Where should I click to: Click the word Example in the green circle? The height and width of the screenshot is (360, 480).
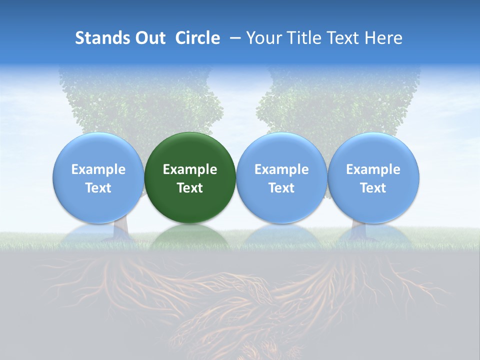(190, 169)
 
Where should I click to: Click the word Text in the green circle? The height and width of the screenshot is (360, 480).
(190, 188)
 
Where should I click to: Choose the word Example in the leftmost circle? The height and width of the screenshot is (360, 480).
(98, 169)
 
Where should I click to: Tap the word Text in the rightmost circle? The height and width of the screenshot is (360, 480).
(373, 188)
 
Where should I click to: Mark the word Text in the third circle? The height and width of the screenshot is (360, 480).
(281, 188)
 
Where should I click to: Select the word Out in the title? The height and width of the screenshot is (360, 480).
(150, 38)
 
